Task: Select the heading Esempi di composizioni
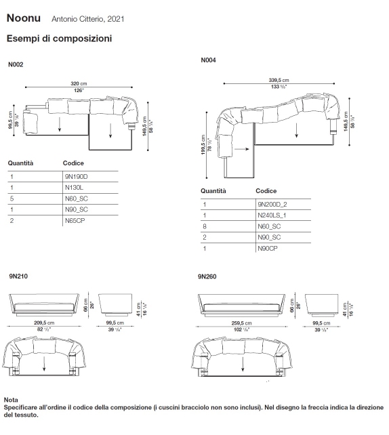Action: pos(59,39)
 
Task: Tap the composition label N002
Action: pos(16,65)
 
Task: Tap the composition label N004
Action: pos(209,60)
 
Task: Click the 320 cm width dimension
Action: pos(79,83)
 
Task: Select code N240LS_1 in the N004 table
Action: pos(272,215)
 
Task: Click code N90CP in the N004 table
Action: pos(268,249)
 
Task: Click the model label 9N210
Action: pos(18,276)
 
